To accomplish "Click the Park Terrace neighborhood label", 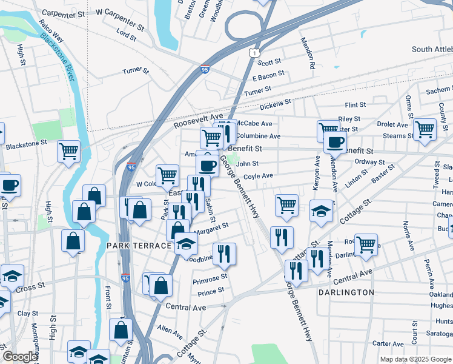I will click(139, 246).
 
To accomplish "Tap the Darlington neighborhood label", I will click(346, 292).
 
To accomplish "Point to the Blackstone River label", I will click(58, 56).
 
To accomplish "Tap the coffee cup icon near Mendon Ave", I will click(334, 143).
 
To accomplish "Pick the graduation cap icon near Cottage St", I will click(320, 211).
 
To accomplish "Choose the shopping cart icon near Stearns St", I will click(425, 129).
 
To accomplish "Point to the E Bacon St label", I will click(268, 76).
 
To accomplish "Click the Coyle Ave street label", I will click(258, 177).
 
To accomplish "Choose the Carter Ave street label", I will click(388, 343).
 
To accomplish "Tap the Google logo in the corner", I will click(20, 357).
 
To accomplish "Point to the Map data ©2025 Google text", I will click(415, 359).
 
